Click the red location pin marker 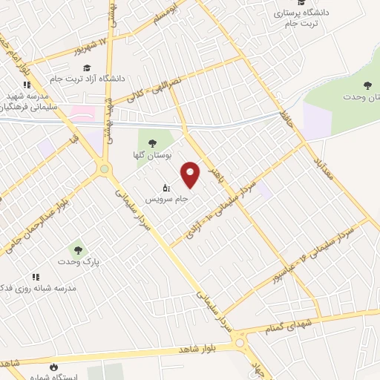point(191,174)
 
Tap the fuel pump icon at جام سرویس point(166,187)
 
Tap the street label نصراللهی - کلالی point(151,87)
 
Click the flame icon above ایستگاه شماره point(53,367)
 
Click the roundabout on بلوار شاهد point(240,343)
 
